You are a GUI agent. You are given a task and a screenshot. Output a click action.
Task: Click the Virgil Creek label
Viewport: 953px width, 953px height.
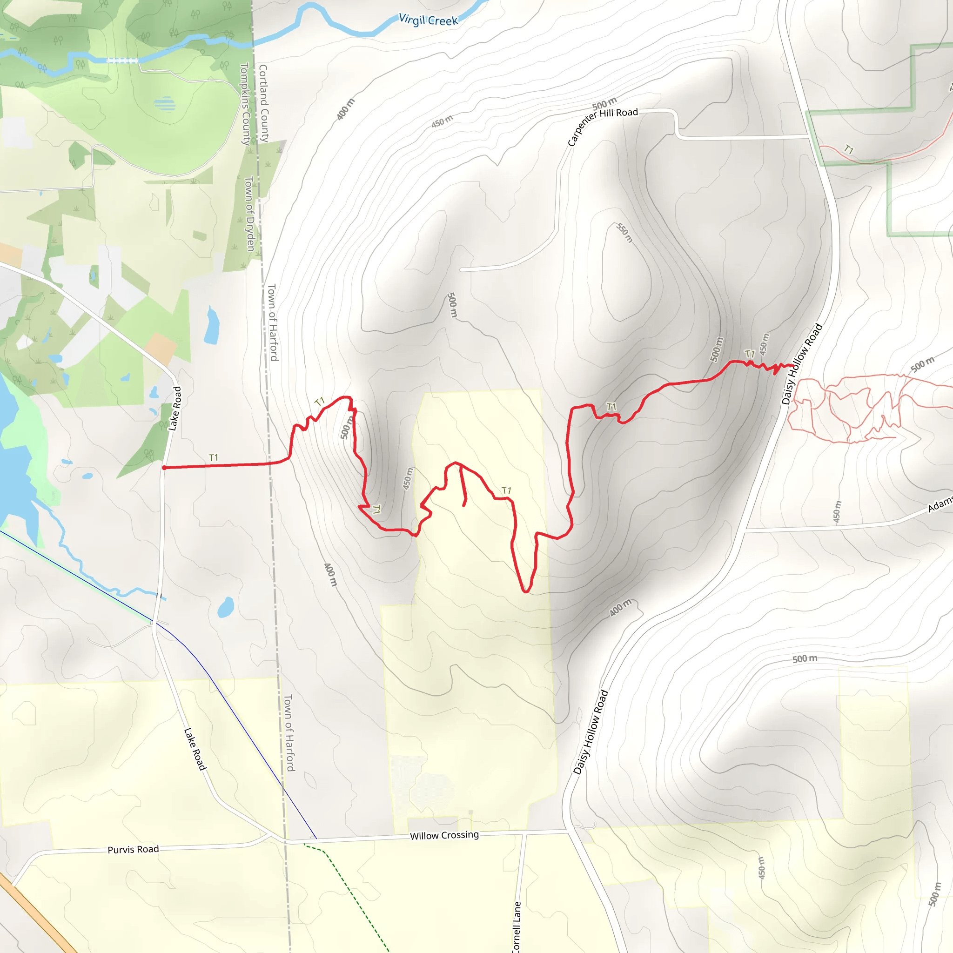point(428,20)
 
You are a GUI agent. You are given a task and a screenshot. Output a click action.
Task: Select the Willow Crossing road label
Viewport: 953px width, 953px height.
point(444,835)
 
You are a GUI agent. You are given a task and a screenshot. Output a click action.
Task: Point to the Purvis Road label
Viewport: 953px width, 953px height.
point(133,849)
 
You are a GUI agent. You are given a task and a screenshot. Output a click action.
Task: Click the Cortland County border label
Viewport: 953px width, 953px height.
point(264,103)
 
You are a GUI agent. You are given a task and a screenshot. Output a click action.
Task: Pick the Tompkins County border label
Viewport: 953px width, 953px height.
point(245,103)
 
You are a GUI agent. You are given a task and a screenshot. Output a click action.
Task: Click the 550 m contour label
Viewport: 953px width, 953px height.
point(624,233)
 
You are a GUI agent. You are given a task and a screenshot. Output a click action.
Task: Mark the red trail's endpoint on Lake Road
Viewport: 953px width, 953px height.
point(164,467)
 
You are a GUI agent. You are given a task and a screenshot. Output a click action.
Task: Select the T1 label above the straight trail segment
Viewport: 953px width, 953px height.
point(213,458)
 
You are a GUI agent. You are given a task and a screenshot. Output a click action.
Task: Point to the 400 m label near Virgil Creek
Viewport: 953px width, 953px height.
point(345,109)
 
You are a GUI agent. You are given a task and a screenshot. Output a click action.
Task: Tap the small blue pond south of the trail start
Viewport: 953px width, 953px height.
point(225,607)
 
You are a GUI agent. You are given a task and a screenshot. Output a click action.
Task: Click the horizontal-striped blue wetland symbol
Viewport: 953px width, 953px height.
point(164,104)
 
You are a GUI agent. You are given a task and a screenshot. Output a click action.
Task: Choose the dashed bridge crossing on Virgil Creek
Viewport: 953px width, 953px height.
point(122,60)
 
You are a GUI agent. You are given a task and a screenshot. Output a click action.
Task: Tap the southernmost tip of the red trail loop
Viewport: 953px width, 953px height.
point(526,591)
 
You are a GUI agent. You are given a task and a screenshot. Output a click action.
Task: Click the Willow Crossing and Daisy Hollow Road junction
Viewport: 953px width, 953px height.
point(568,831)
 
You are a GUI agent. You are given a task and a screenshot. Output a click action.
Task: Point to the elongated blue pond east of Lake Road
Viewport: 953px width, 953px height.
point(212,326)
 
